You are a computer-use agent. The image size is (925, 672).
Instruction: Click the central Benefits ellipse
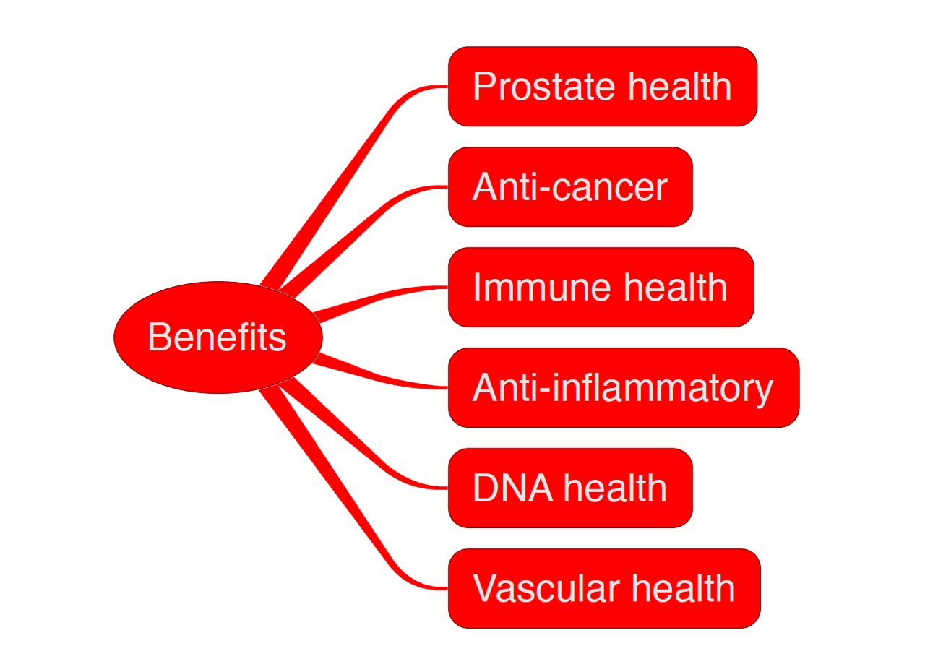click(x=218, y=337)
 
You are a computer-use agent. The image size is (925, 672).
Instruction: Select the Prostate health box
click(x=602, y=87)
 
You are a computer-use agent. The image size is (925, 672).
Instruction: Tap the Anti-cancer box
click(x=570, y=187)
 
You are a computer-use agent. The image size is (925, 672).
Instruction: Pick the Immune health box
click(x=601, y=288)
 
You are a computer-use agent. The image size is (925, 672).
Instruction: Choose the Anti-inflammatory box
click(x=623, y=388)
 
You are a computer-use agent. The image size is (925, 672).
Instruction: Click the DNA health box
click(x=570, y=488)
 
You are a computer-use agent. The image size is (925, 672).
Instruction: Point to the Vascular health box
click(x=603, y=588)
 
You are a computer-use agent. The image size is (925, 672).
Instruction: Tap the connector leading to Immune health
click(x=376, y=298)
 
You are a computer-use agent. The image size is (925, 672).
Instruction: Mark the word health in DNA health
click(x=614, y=488)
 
